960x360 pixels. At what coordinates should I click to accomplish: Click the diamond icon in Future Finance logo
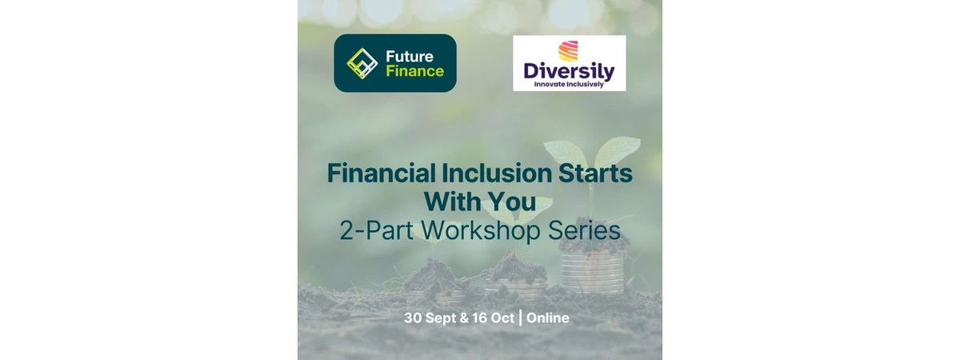click(362, 63)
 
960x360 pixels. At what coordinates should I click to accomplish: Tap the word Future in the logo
click(410, 56)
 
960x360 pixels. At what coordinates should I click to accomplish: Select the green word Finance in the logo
click(415, 70)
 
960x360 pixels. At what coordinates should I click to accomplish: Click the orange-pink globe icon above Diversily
click(568, 51)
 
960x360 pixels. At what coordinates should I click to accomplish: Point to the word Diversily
click(569, 71)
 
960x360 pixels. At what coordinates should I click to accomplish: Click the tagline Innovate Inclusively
click(569, 85)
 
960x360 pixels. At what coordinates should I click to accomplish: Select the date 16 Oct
click(493, 318)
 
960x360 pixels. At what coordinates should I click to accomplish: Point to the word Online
click(548, 318)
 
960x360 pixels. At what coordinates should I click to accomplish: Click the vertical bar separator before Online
click(520, 318)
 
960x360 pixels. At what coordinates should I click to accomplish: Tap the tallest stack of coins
click(593, 272)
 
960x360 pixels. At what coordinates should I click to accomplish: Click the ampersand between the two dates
click(464, 318)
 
